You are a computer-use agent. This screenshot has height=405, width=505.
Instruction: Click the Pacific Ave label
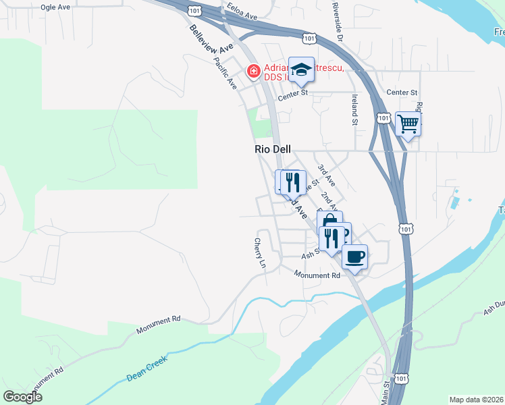point(225,74)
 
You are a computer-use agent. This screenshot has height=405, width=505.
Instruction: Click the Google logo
point(22,397)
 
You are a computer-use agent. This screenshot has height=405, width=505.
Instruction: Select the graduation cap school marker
point(301,69)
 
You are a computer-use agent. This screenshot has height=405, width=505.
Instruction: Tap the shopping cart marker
point(408,124)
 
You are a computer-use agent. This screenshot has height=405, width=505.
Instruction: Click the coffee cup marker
point(354,256)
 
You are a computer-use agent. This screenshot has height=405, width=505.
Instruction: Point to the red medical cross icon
point(254,70)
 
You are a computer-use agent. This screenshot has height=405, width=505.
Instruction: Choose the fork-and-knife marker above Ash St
point(331,238)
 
